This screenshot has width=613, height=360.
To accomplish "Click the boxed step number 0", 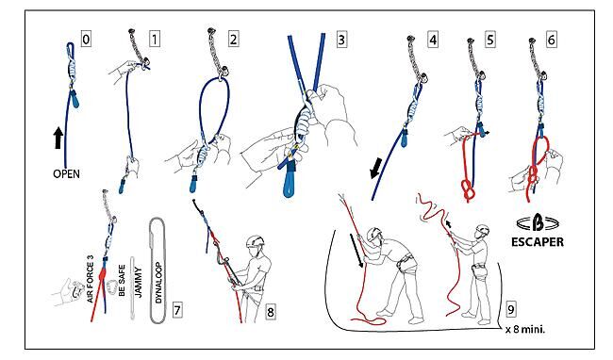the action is (x=86, y=40).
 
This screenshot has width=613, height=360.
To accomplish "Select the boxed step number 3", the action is (x=341, y=40).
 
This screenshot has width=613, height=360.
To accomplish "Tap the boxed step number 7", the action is (x=177, y=310).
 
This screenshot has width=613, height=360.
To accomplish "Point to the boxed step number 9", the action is (x=511, y=309).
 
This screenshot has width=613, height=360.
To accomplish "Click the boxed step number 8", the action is (x=270, y=312).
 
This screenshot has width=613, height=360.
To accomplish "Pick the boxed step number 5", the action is (x=490, y=40).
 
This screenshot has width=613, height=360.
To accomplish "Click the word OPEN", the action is (x=66, y=173).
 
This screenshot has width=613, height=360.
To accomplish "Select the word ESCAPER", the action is (x=538, y=242).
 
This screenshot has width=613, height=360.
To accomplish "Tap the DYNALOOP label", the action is (x=158, y=283).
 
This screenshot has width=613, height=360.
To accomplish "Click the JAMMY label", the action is (x=139, y=283).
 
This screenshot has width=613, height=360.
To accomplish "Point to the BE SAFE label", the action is (x=122, y=280).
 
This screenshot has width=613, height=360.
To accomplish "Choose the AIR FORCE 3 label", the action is (x=91, y=279).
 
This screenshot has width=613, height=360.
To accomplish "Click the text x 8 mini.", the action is (x=525, y=329).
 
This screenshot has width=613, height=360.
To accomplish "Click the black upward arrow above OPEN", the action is (x=58, y=138).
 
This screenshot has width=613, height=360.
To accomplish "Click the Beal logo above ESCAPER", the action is (x=538, y=224).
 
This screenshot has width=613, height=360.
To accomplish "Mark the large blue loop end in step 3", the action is (x=290, y=182).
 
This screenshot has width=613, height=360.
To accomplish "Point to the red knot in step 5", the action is (x=468, y=190).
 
